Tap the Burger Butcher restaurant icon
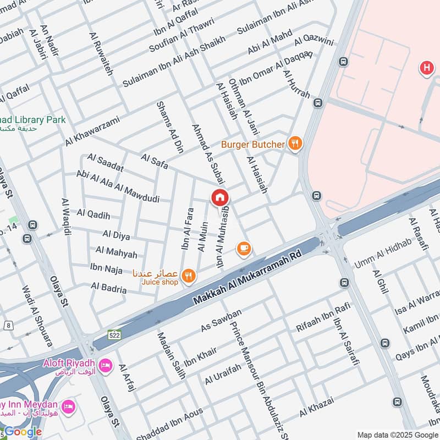point(295,144)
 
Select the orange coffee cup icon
point(244,249)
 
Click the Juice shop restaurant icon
point(189,277)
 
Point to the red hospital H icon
point(426,68)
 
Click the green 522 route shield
point(114,334)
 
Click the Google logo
point(22,432)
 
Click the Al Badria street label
point(109,288)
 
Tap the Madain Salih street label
point(172,355)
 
